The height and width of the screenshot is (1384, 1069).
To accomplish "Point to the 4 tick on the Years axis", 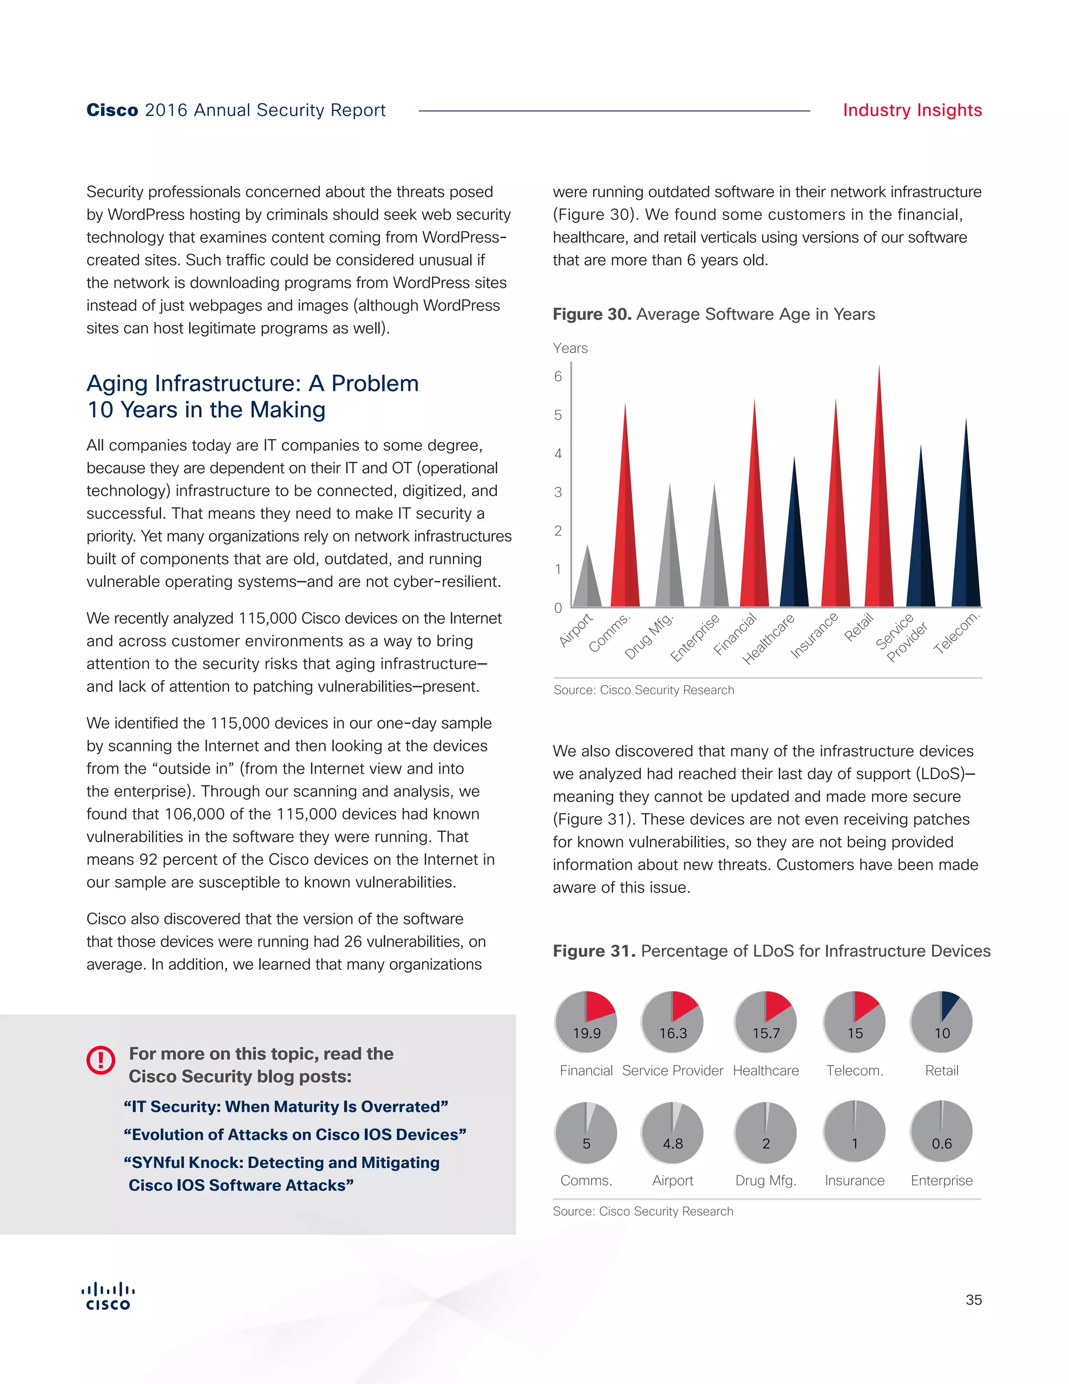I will click(x=558, y=453).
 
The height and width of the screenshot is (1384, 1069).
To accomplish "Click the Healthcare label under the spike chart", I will click(x=768, y=639).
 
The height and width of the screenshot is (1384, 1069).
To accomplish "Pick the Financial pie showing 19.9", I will click(x=586, y=1022).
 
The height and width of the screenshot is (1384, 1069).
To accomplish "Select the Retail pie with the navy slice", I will click(x=941, y=1022).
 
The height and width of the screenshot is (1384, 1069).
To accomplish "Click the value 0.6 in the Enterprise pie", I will click(x=942, y=1143).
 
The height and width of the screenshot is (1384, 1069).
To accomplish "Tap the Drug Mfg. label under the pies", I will click(x=766, y=1181).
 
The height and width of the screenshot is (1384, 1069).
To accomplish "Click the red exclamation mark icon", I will click(x=101, y=1060).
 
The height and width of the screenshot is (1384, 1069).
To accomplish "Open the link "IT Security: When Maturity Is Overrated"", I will click(x=286, y=1107).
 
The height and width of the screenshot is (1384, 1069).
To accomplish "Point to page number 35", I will click(x=973, y=1300).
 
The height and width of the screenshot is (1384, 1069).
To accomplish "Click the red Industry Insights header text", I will click(x=912, y=110).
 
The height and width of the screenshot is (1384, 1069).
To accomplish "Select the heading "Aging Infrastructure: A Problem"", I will click(x=253, y=383).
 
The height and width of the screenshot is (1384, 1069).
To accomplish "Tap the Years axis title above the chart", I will click(x=570, y=348).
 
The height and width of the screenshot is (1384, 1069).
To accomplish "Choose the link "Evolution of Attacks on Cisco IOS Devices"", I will click(x=295, y=1134).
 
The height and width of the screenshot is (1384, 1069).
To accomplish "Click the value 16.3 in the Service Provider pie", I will click(x=672, y=1033).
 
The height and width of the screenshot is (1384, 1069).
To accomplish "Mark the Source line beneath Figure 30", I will click(x=644, y=689).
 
